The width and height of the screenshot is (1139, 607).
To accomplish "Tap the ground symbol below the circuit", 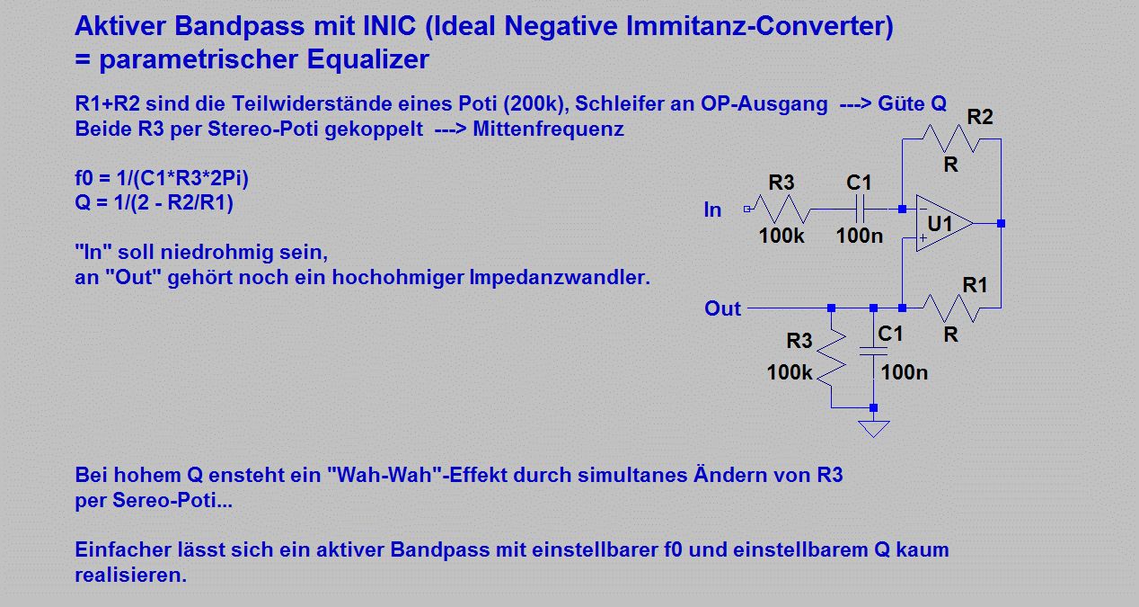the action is point(874,429).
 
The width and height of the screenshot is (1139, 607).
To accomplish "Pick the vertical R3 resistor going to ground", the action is point(832,358).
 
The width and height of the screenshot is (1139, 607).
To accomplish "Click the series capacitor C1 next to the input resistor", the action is point(860,209).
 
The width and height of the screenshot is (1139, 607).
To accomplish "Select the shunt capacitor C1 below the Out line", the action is point(874,352).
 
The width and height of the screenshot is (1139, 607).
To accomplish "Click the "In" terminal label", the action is point(712,210).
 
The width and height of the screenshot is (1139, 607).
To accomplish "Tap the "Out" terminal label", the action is point(722,308).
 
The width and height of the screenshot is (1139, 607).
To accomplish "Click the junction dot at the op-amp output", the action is point(1001,224).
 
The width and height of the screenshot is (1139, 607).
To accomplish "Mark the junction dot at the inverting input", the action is point(902,209).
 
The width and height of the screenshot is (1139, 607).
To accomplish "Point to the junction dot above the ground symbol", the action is point(874,407).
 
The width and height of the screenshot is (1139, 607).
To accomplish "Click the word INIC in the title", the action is point(390,25).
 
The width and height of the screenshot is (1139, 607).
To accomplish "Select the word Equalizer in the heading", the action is point(367,59).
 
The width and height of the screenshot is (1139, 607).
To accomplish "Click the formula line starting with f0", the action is point(162,178).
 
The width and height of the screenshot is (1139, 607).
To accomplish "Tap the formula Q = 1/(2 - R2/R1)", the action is point(155,202).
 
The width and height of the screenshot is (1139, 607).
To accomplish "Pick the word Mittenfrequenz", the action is point(548,129).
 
